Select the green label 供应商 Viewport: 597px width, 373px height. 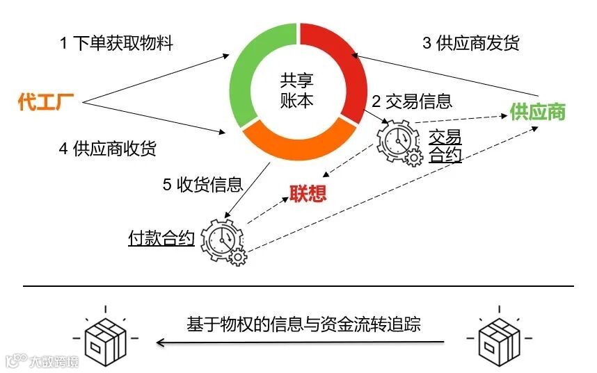click(538, 111)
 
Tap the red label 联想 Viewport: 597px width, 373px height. click(307, 193)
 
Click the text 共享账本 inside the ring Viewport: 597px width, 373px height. click(297, 90)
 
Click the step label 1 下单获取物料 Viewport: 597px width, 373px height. click(116, 43)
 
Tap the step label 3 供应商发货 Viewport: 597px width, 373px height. click(471, 43)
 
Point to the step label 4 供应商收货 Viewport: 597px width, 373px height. click(108, 148)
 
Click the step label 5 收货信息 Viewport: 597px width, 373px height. click(202, 184)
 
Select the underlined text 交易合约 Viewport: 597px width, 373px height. click(445, 145)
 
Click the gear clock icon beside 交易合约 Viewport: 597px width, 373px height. click(399, 142)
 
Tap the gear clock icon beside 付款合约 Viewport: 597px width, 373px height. click(223, 241)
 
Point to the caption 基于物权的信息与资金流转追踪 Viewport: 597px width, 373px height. click(303, 324)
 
